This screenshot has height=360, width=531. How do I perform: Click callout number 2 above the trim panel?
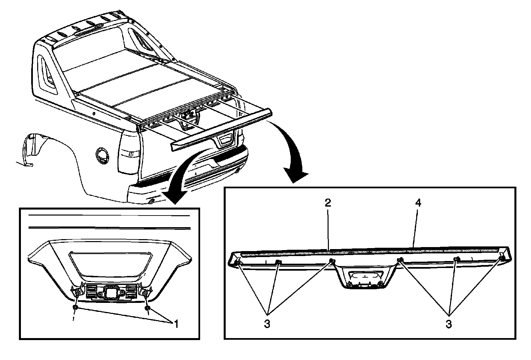pyautogui.click(x=328, y=203)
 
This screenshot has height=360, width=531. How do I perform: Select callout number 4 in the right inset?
pyautogui.click(x=418, y=203)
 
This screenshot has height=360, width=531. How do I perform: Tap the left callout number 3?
pyautogui.click(x=267, y=324)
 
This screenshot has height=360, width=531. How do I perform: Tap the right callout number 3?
pyautogui.click(x=449, y=324)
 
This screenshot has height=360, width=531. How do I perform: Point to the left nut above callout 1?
pyautogui.click(x=76, y=308)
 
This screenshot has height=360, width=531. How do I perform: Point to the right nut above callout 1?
pyautogui.click(x=147, y=309)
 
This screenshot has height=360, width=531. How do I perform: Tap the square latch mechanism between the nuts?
pyautogui.click(x=110, y=292)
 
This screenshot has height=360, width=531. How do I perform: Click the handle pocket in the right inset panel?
pyautogui.click(x=364, y=276)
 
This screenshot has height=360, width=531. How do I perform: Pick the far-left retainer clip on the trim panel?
pyautogui.click(x=238, y=263)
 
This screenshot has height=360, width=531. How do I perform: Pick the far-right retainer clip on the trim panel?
pyautogui.click(x=502, y=258)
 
